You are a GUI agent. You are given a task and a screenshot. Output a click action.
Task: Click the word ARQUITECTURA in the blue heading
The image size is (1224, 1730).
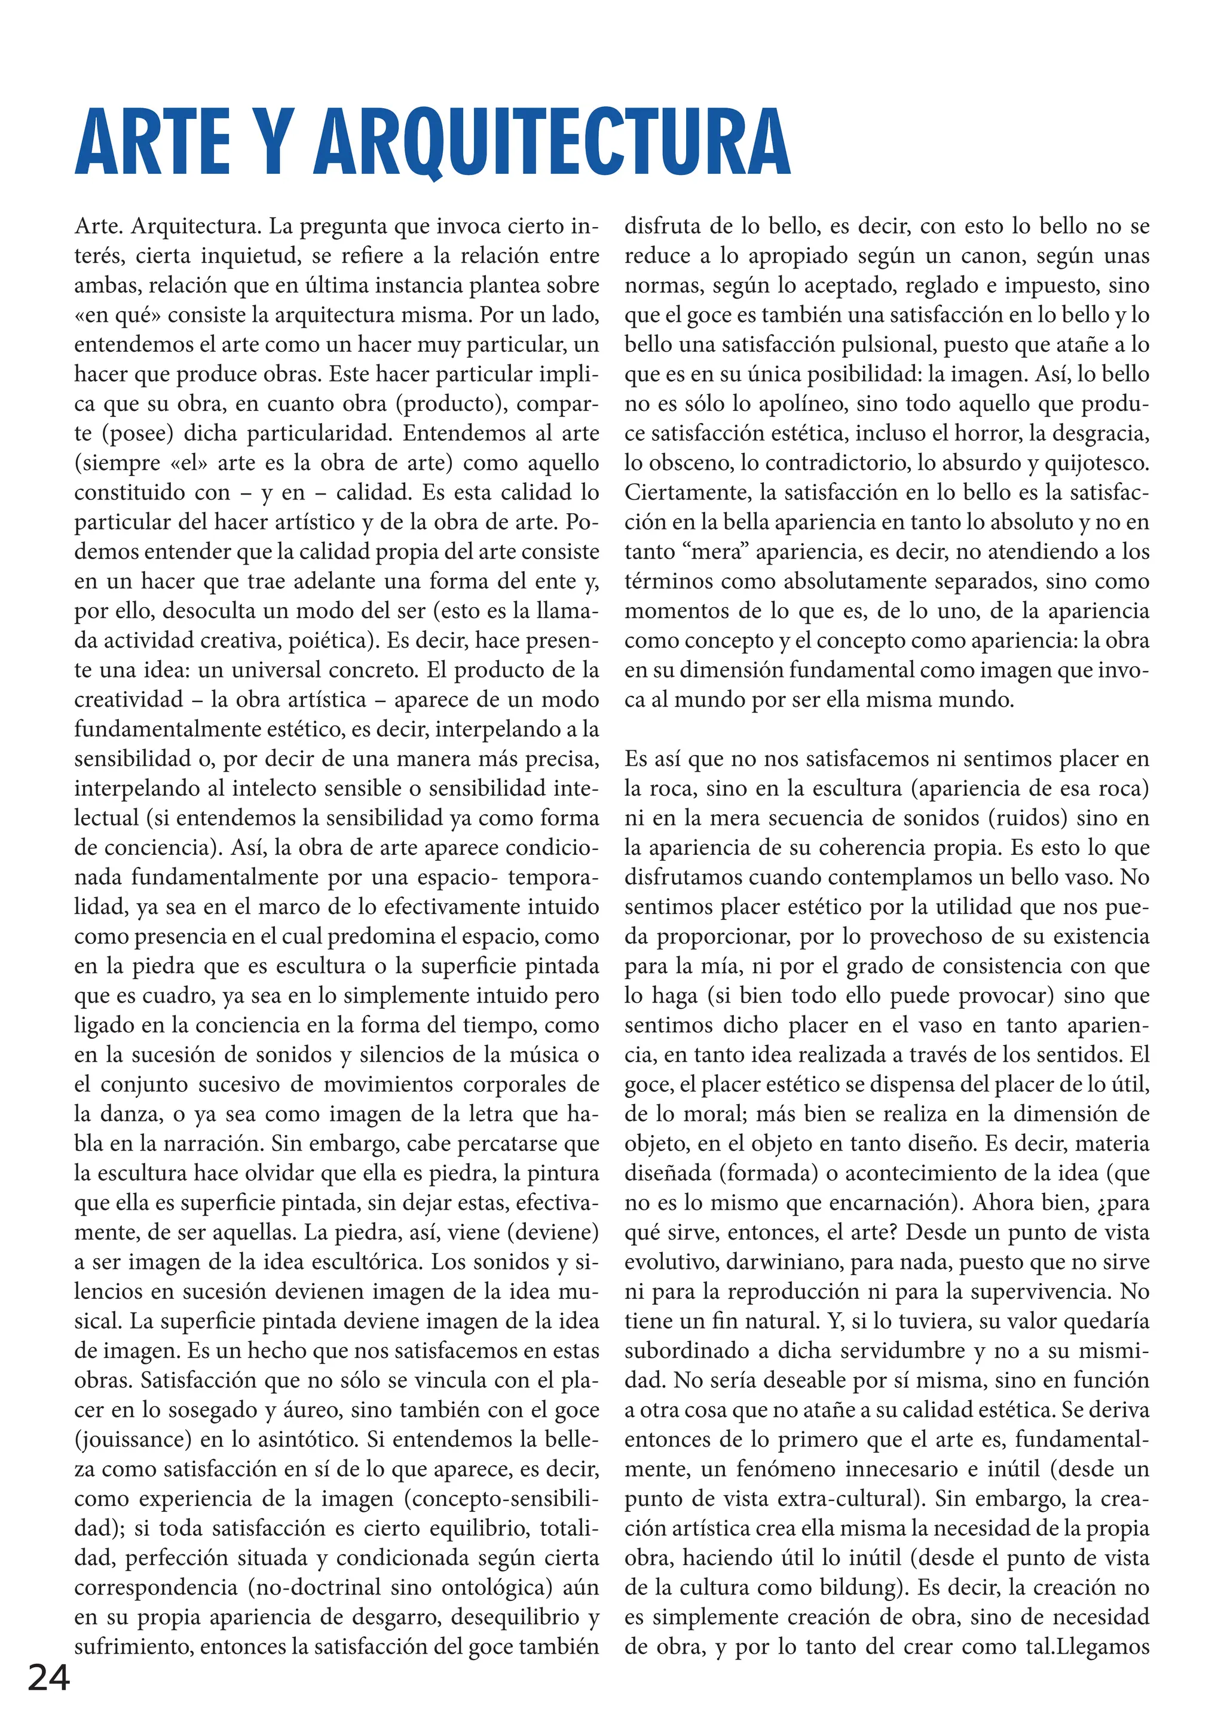coord(552,143)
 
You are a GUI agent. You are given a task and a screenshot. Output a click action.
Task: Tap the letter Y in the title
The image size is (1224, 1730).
coord(270,143)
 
